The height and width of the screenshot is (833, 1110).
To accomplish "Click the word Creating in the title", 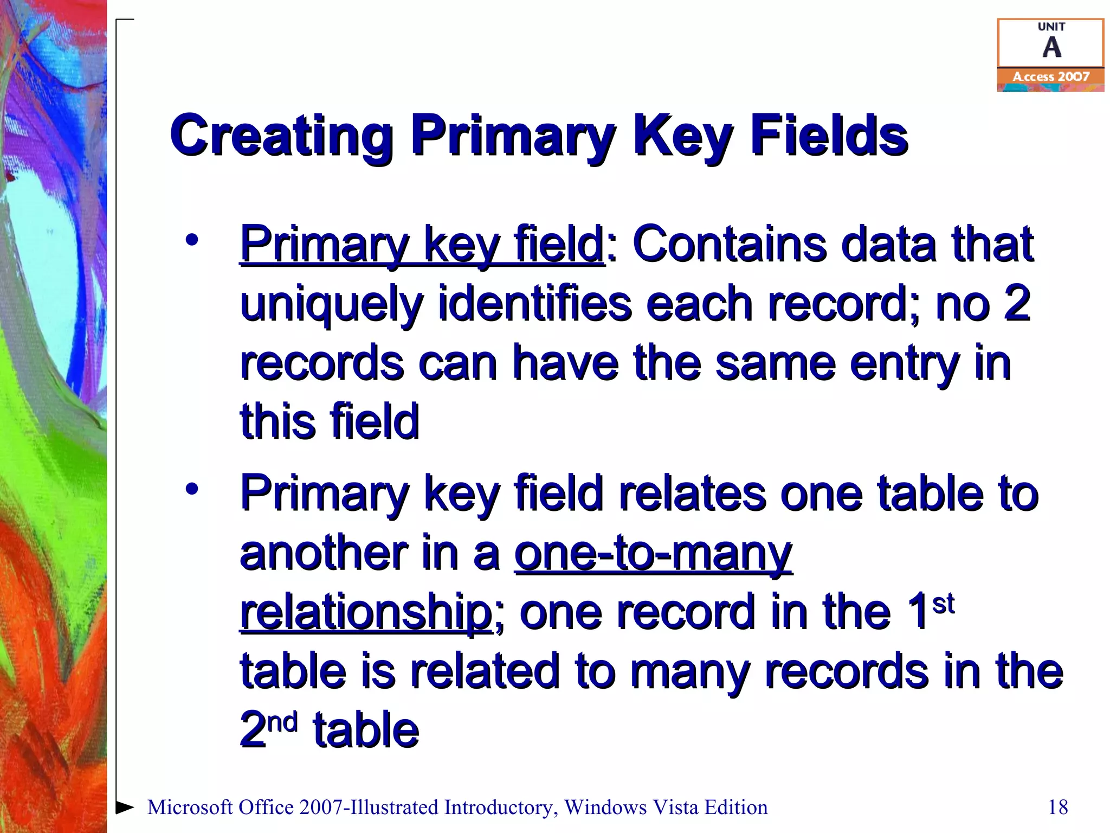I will click(281, 136).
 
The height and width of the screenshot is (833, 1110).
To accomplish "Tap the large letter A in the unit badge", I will click(1051, 48).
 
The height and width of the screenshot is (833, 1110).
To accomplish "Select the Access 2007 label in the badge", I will click(1051, 77).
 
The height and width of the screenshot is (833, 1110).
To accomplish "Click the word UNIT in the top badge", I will click(1051, 27).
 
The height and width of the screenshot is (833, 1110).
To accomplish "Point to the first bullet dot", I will click(192, 239).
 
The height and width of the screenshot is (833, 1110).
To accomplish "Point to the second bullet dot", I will click(192, 489).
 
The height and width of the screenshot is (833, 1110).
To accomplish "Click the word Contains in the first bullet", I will click(730, 244).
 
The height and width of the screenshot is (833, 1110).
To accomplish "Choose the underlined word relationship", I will click(366, 613).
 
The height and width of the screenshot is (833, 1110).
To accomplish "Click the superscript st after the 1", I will click(944, 604).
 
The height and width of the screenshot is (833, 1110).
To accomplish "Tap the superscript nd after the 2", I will click(283, 722).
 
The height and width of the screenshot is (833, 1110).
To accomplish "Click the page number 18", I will click(1058, 807).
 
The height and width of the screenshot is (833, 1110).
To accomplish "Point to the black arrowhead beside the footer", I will click(125, 806).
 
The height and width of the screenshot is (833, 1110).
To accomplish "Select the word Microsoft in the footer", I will click(190, 807).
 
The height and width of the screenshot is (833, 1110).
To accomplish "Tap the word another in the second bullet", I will click(324, 553).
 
